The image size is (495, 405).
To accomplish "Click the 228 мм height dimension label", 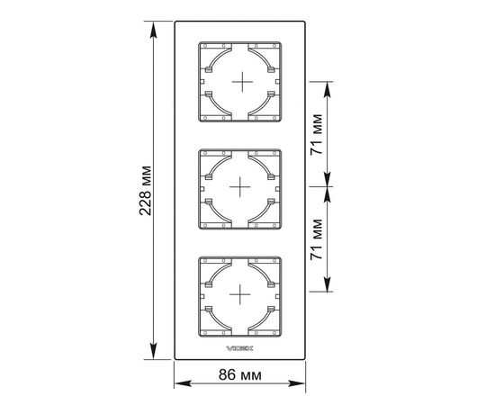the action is click(146, 191).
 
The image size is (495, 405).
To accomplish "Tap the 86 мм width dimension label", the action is click(240, 375).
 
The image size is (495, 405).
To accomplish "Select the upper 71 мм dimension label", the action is click(317, 134).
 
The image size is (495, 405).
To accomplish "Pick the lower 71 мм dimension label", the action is click(317, 239).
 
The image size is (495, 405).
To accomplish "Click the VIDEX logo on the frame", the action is click(240, 348).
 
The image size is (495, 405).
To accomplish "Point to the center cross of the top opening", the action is click(242, 82).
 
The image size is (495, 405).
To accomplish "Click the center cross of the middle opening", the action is click(240, 187).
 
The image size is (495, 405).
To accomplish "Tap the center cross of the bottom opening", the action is click(240, 294).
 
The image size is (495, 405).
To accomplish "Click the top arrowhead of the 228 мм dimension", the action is click(153, 30).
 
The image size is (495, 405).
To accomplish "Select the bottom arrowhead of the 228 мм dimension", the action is click(153, 351).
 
